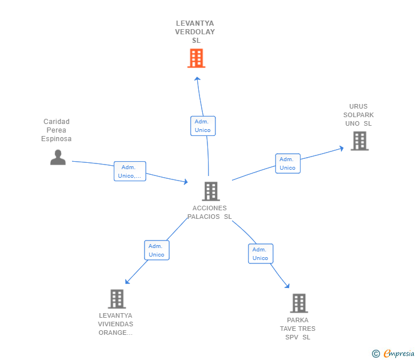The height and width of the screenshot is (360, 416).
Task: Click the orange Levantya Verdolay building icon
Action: pyautogui.click(x=196, y=58)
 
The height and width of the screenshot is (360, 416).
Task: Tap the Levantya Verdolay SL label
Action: pyautogui.click(x=195, y=32)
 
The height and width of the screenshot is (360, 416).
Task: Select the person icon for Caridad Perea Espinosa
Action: pyautogui.click(x=58, y=157)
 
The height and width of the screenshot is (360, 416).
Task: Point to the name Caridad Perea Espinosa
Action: pyautogui.click(x=57, y=130)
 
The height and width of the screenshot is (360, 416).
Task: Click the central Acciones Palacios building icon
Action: pyautogui.click(x=211, y=191)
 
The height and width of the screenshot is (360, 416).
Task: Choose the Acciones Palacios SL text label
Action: pyautogui.click(x=210, y=213)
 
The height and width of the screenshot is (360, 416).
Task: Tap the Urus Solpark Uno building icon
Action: pyautogui.click(x=359, y=141)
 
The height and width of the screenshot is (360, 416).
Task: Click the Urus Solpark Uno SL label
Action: pyautogui.click(x=359, y=115)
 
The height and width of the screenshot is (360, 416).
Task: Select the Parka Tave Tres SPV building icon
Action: pyautogui.click(x=299, y=303)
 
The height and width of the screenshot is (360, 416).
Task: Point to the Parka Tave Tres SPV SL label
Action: pyautogui.click(x=298, y=329)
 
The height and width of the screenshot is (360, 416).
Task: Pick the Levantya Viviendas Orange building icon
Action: pyautogui.click(x=117, y=299)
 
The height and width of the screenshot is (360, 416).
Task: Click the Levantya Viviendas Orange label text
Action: pyautogui.click(x=115, y=324)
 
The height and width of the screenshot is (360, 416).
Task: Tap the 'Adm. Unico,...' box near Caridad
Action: pyautogui.click(x=130, y=171)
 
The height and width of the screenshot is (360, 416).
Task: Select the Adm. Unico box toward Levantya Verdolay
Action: pyautogui.click(x=203, y=126)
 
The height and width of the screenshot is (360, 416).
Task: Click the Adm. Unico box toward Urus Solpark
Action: pyautogui.click(x=287, y=163)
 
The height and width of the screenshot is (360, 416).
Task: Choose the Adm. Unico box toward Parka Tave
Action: pyautogui.click(x=261, y=254)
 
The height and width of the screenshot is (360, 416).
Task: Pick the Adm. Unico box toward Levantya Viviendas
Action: pyautogui.click(x=157, y=250)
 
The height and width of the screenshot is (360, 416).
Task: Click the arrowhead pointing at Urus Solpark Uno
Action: pyautogui.click(x=341, y=148)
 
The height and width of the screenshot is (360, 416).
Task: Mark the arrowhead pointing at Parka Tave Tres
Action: pyautogui.click(x=287, y=286)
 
